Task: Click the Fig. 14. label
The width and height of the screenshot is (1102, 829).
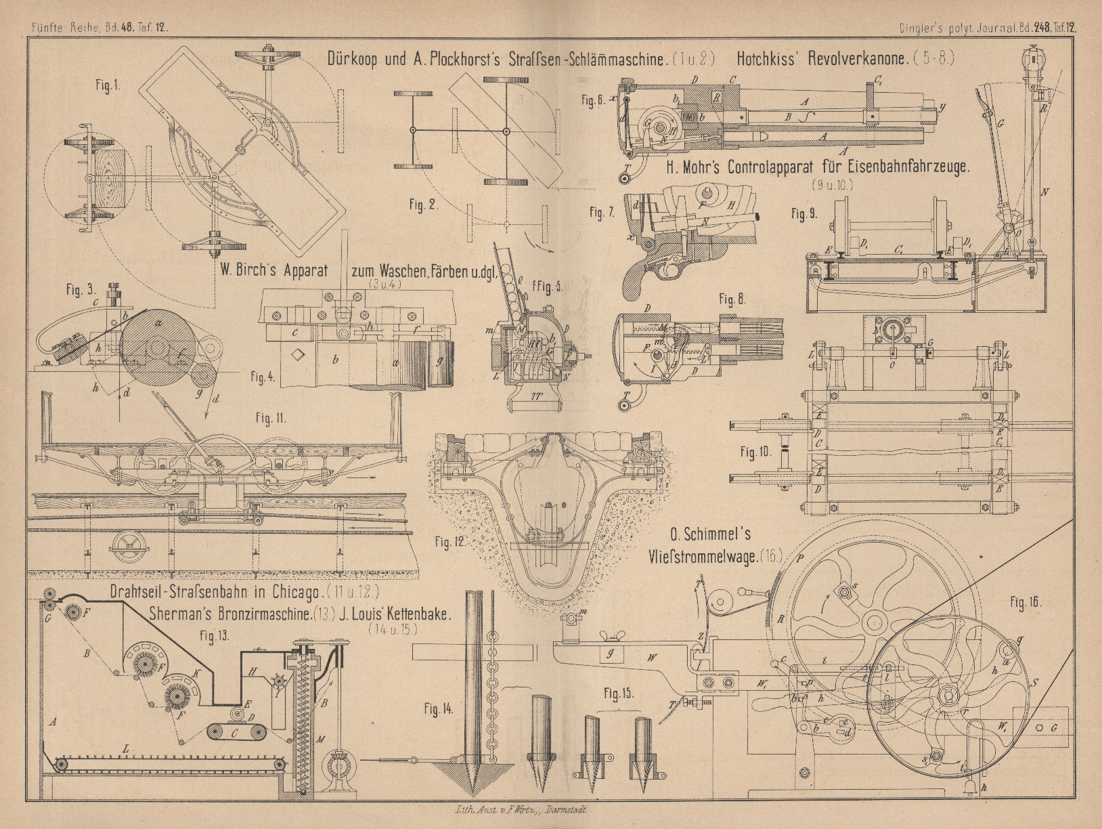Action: (438, 709)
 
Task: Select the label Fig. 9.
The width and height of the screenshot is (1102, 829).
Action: (805, 213)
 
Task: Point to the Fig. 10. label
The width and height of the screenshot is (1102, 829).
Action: (756, 451)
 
